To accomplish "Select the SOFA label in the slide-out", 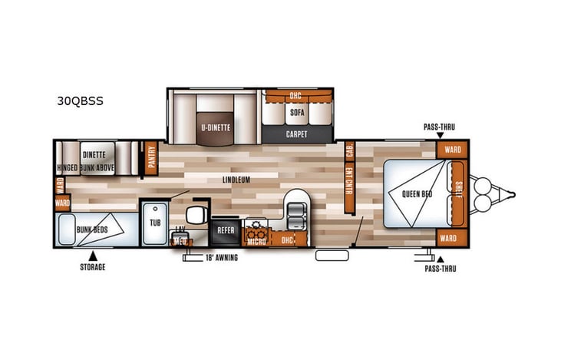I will [297, 112].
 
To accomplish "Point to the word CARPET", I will [297, 134].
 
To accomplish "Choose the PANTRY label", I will [151, 157].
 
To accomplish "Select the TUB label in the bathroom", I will [155, 223].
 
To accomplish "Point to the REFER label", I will [226, 229].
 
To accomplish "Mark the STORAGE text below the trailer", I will [92, 267].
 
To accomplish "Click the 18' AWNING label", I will [220, 258].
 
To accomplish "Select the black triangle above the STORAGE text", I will [93, 255].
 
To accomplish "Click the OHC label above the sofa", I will [295, 96].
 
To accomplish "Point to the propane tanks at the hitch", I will [484, 194].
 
